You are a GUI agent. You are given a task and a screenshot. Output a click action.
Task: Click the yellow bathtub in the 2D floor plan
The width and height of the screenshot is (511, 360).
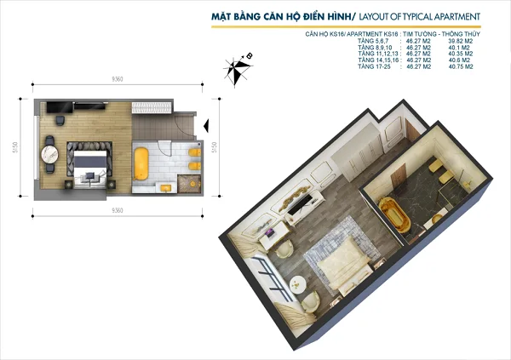coord(142,162)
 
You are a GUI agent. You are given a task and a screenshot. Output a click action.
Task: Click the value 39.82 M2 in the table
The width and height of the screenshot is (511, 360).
coord(461,42)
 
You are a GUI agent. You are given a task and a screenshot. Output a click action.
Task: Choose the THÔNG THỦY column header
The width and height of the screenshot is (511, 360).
coord(461,35)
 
